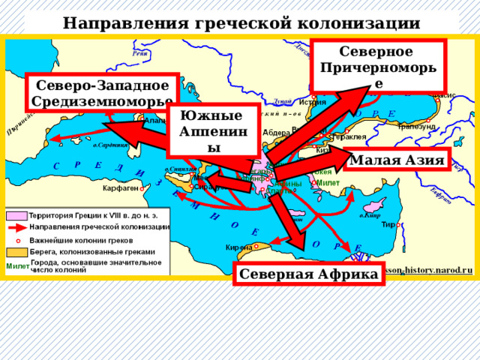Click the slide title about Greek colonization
point(240,22)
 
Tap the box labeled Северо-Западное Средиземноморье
point(103,92)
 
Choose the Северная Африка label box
point(308,274)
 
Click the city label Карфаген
point(120,187)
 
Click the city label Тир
point(388,223)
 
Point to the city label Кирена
point(238,247)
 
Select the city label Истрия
point(312,102)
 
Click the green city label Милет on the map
point(328,183)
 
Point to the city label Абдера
point(276,133)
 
